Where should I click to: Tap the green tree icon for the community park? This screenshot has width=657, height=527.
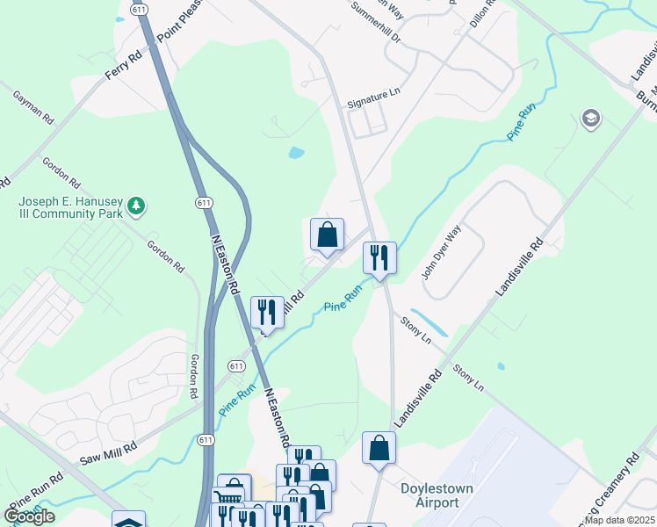(x=135, y=206)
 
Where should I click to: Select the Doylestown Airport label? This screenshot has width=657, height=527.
(x=430, y=495)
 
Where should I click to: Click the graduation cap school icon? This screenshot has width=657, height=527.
(x=590, y=119)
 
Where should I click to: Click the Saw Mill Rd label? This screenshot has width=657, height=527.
(x=109, y=453)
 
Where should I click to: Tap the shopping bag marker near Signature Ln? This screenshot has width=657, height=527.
(x=327, y=235)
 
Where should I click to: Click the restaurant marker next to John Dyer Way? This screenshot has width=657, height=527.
(x=379, y=258)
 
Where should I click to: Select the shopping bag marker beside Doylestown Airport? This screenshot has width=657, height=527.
(x=379, y=448)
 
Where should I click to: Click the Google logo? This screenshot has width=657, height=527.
(x=29, y=516)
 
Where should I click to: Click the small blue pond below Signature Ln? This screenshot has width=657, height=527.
(x=296, y=152)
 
